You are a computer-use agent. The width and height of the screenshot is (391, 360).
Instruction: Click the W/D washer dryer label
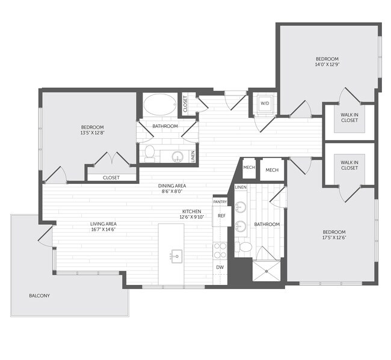(264, 103)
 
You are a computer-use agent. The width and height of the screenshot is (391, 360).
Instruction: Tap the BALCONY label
(39, 296)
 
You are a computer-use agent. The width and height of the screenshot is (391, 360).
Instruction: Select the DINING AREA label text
(171, 186)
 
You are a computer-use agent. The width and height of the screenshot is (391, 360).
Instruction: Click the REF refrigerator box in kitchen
(221, 216)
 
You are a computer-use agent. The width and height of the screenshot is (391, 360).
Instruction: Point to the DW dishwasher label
(220, 266)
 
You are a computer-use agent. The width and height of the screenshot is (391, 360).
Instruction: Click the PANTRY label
(220, 202)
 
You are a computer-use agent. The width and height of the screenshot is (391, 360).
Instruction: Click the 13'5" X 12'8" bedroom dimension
(93, 133)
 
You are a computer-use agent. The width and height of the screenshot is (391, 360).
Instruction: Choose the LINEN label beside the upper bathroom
(192, 155)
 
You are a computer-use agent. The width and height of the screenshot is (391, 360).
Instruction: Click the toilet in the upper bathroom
(149, 153)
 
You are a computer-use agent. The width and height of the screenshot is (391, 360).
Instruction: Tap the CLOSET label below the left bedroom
(111, 177)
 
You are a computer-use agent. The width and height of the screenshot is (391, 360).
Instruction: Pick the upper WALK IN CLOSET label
(349, 117)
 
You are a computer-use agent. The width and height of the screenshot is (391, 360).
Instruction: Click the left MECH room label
(249, 168)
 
